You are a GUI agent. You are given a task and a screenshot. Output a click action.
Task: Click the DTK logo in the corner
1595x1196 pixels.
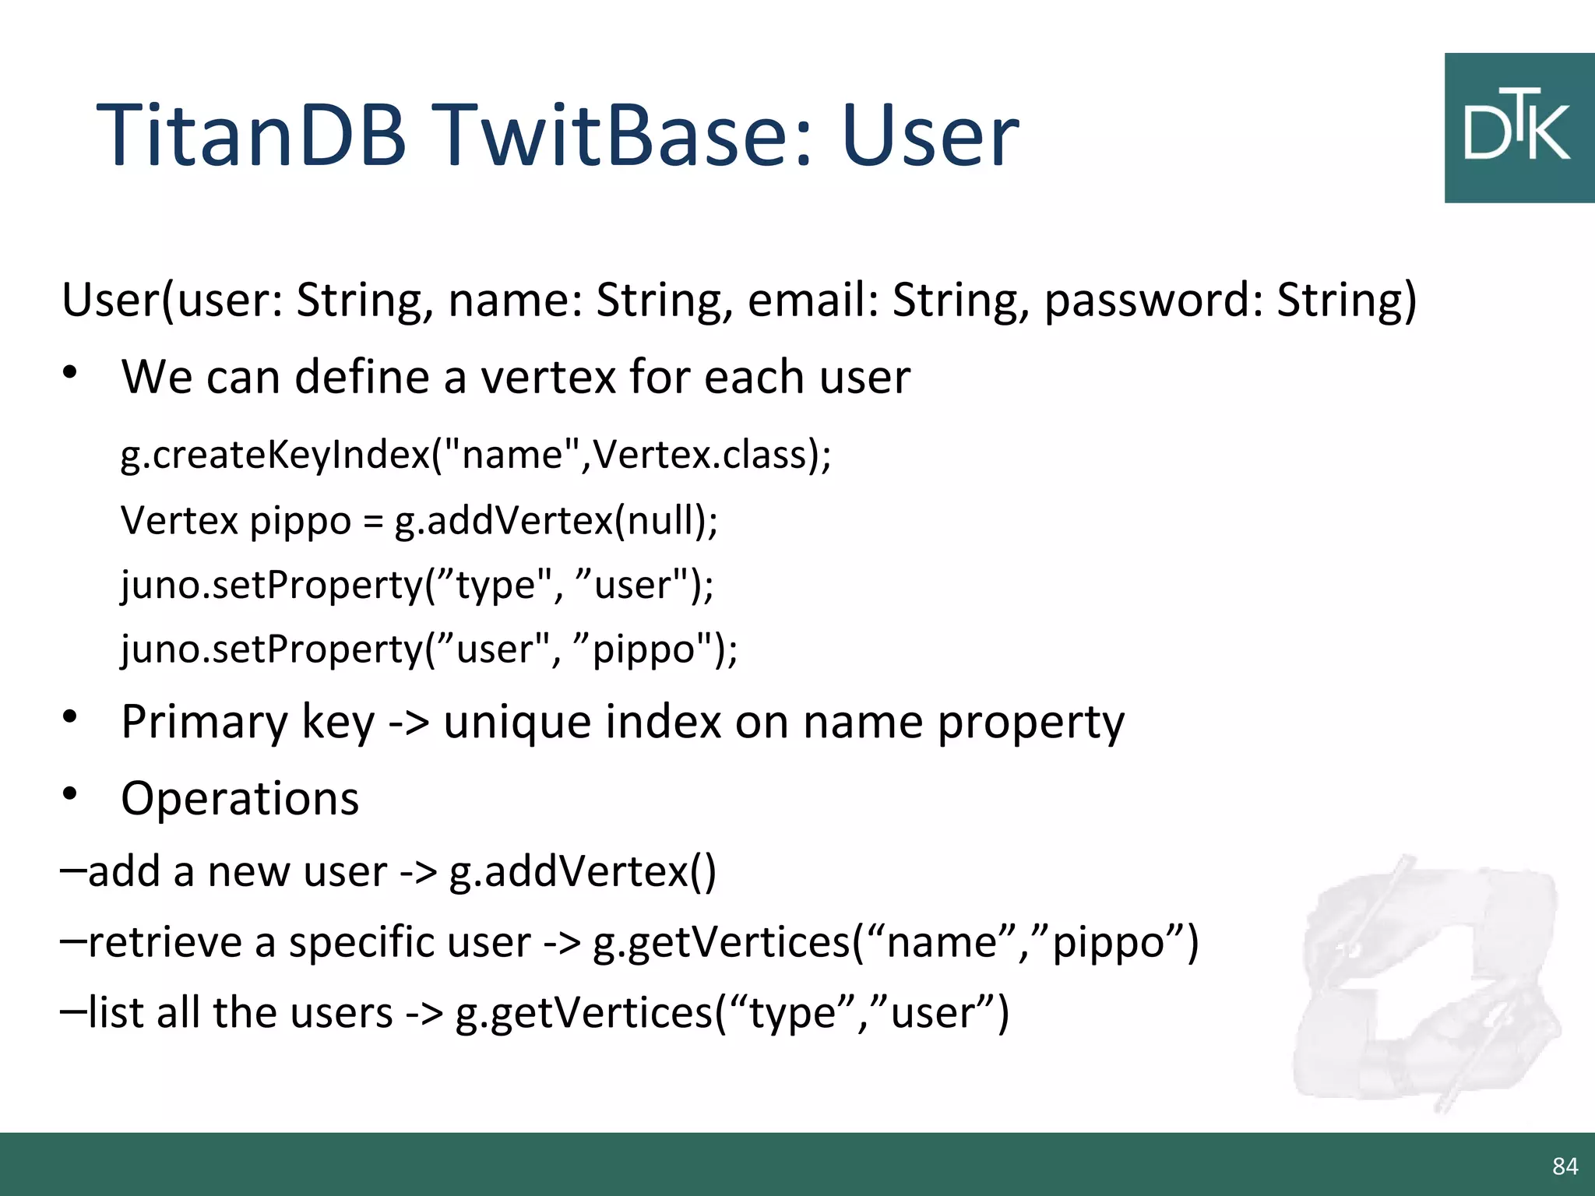click(x=1518, y=128)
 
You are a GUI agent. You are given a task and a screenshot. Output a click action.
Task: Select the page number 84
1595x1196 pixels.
click(x=1565, y=1166)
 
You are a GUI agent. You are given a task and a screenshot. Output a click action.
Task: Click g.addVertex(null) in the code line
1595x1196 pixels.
click(x=556, y=520)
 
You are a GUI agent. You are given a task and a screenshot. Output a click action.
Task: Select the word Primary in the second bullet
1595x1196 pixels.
click(x=204, y=723)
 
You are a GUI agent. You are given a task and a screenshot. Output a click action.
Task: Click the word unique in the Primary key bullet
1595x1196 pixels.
click(x=517, y=723)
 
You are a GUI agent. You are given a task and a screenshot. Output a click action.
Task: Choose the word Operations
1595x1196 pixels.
click(x=240, y=799)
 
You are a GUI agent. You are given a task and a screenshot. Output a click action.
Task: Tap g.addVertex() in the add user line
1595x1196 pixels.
click(x=582, y=871)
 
